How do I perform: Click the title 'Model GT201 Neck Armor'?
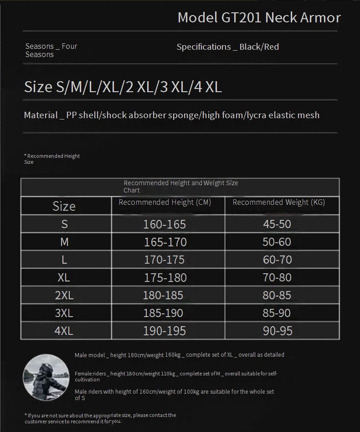[259, 17]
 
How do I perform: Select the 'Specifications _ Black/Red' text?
[227, 47]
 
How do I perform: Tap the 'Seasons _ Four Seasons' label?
[51, 50]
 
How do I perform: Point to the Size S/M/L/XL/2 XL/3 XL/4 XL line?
[123, 87]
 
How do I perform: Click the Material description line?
[171, 115]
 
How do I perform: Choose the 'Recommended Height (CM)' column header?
[165, 202]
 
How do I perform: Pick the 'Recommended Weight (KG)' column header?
[278, 202]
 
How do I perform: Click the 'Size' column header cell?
[64, 206]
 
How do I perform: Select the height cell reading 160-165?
[165, 224]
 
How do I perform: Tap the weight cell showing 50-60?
[277, 242]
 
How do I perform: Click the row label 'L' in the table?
[64, 260]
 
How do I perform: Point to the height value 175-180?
[165, 277]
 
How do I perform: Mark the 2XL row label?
[64, 295]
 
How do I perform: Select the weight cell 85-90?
[277, 313]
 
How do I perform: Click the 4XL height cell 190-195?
[165, 331]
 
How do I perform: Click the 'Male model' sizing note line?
[179, 355]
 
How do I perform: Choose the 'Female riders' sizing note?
[175, 376]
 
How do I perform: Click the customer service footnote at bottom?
[100, 418]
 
